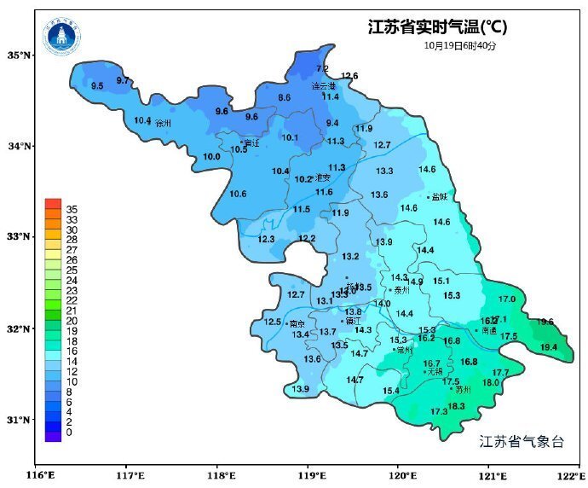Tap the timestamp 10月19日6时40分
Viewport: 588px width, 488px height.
pyautogui.click(x=459, y=45)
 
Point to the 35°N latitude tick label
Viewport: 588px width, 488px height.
pyautogui.click(x=20, y=55)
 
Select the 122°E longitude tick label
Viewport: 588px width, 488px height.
pyautogui.click(x=569, y=475)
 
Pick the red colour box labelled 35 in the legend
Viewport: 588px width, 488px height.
pyautogui.click(x=53, y=204)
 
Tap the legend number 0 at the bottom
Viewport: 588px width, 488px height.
pyautogui.click(x=69, y=433)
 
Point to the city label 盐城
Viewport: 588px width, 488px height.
pyautogui.click(x=440, y=196)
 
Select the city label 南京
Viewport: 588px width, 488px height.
pyautogui.click(x=297, y=324)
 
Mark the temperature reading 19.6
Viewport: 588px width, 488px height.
pyautogui.click(x=545, y=322)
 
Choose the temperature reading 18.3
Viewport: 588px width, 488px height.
pyautogui.click(x=456, y=406)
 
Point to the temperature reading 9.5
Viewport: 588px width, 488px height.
pyautogui.click(x=97, y=86)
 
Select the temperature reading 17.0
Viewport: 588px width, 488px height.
pyautogui.click(x=507, y=299)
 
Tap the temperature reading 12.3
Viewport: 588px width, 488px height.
pyautogui.click(x=267, y=239)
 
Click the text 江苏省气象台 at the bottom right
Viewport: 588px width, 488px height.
pyautogui.click(x=522, y=441)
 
